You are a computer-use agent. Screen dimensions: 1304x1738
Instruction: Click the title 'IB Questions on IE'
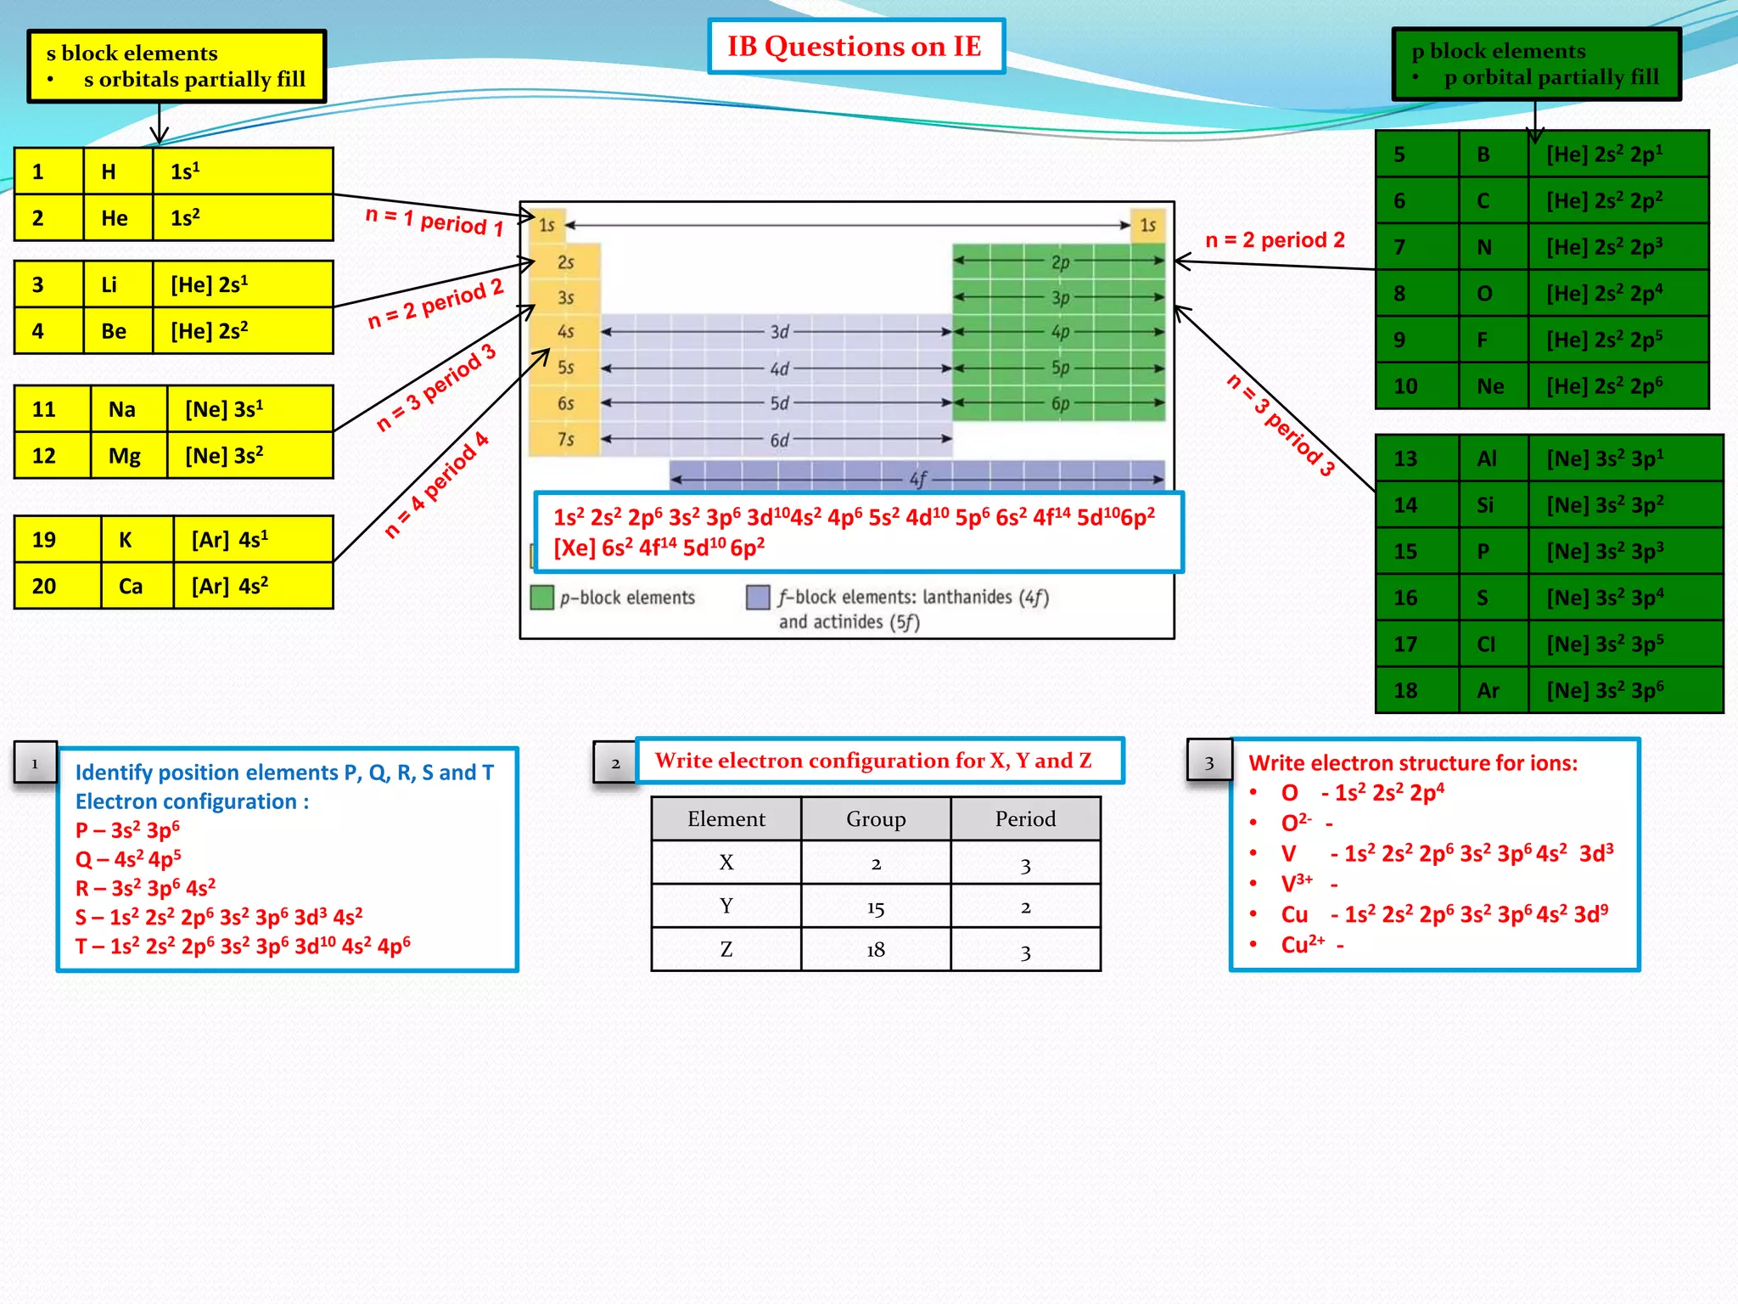tap(855, 46)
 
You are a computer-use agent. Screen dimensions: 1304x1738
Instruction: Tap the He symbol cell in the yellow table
tap(115, 218)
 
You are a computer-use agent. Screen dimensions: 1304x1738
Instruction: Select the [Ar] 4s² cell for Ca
tap(252, 586)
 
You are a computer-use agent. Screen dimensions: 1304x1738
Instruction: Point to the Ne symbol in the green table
tap(1490, 386)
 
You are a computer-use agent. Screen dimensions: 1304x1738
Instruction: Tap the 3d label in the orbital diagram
tap(779, 332)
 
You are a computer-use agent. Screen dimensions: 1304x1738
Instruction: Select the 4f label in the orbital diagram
tap(918, 480)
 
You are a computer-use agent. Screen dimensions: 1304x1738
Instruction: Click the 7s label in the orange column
tap(565, 439)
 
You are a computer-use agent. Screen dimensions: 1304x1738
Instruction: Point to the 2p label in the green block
tap(1060, 262)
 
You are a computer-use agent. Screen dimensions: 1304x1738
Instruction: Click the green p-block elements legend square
tap(541, 598)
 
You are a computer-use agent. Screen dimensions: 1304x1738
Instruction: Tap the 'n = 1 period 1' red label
tap(434, 222)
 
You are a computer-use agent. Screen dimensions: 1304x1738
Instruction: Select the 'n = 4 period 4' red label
tap(436, 486)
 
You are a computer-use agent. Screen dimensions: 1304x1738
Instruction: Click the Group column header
tap(876, 819)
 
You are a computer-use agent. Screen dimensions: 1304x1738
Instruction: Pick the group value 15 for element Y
tap(876, 908)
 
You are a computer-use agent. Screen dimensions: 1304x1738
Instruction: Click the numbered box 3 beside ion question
tap(1208, 761)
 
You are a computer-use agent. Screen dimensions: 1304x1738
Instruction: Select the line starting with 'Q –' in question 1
tap(128, 859)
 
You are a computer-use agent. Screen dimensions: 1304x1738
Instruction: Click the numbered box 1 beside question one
tap(35, 762)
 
